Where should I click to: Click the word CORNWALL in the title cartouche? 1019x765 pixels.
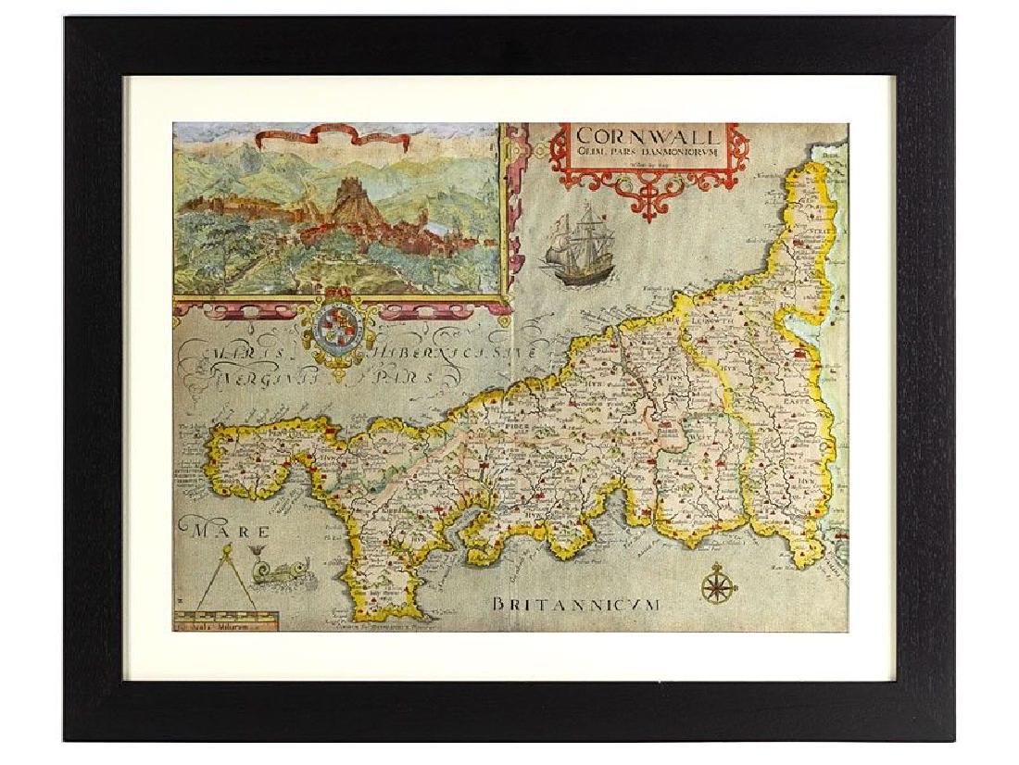648,138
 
